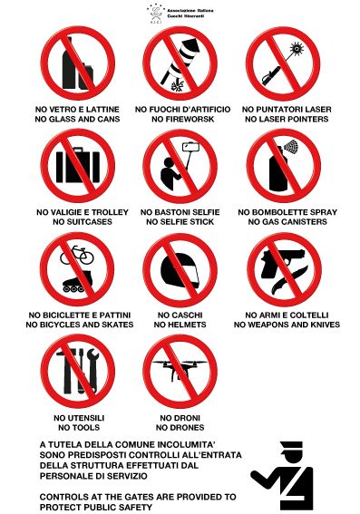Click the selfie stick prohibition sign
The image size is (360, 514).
[x=180, y=166]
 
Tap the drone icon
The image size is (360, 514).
[x=180, y=370]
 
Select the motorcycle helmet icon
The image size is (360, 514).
[x=180, y=270]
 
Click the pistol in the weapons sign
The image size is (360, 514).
[x=281, y=261]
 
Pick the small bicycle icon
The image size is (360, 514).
[x=77, y=255]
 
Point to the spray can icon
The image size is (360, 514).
[x=282, y=166]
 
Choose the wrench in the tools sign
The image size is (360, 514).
[x=92, y=370]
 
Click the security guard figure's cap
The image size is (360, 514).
[x=291, y=446]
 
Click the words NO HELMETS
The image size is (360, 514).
[x=180, y=325]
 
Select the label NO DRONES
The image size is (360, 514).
[x=180, y=428]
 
